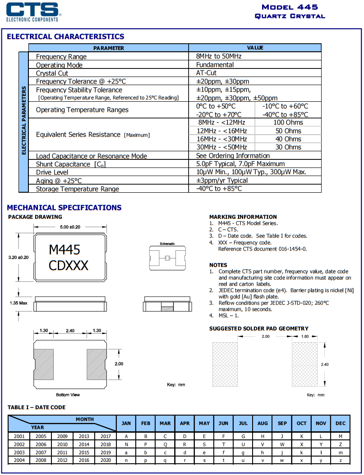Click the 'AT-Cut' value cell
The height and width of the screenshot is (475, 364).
(x=206, y=73)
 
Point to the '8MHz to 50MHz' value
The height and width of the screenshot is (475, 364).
(x=219, y=56)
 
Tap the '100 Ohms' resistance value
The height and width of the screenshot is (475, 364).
(x=288, y=122)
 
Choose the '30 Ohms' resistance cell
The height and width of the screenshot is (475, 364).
(x=288, y=147)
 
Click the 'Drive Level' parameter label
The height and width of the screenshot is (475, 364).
(x=52, y=172)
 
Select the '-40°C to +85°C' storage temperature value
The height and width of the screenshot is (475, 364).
(x=219, y=189)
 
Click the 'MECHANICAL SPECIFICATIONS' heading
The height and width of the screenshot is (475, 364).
(x=64, y=208)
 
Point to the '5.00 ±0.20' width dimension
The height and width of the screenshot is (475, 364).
(x=69, y=227)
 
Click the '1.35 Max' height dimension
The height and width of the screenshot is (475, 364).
(x=18, y=303)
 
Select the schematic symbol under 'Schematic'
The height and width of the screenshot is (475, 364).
(x=167, y=258)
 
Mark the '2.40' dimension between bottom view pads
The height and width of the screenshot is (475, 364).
(x=70, y=330)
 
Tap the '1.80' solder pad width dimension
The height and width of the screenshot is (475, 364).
(x=304, y=336)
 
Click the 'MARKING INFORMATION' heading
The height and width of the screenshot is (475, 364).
(x=243, y=217)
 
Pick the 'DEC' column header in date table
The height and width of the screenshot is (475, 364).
(x=341, y=423)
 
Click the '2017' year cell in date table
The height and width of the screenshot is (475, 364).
(x=106, y=436)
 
